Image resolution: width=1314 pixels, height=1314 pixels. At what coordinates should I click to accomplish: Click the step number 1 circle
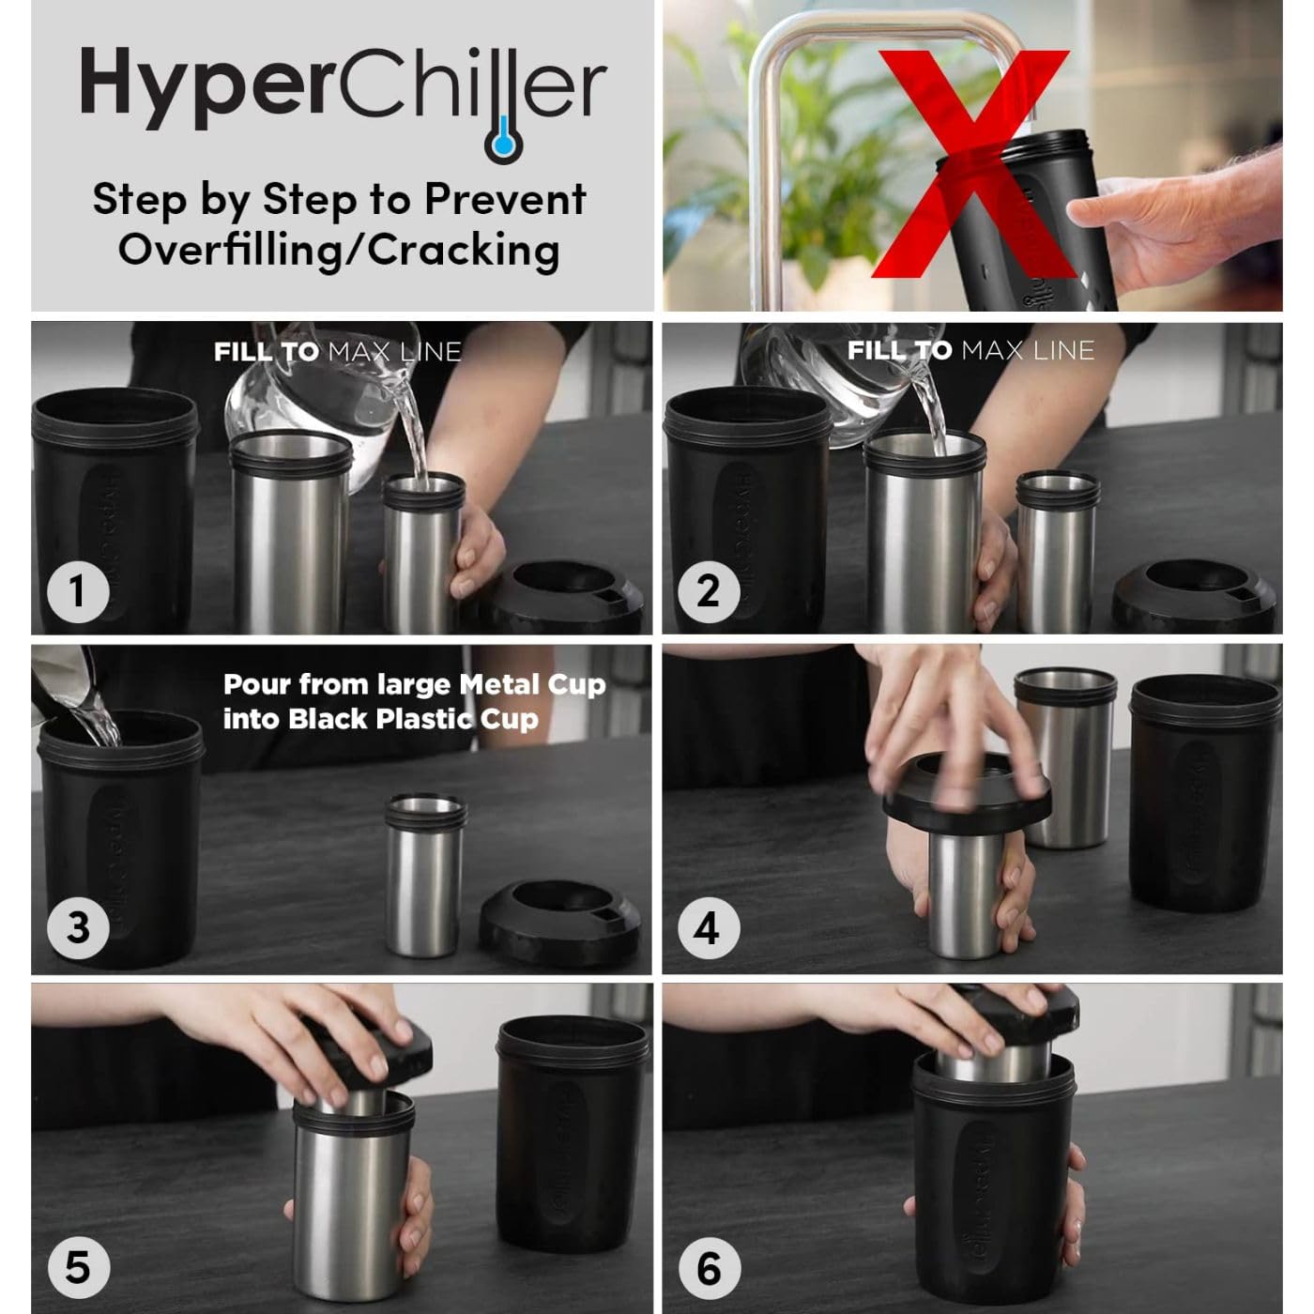(x=78, y=590)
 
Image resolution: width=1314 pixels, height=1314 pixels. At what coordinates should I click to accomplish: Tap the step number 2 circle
(x=709, y=590)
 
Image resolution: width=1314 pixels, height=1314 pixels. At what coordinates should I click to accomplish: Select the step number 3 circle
(x=78, y=927)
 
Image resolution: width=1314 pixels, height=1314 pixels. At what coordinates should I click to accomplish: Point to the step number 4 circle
(x=709, y=928)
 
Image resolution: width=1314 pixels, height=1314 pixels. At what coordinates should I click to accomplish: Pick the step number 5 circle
(x=78, y=1267)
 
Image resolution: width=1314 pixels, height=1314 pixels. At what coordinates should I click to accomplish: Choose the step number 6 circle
(x=709, y=1268)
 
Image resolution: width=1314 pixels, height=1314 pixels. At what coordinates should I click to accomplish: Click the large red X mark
(x=971, y=164)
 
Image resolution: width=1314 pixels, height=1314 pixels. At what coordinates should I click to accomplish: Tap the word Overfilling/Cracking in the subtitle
(x=339, y=250)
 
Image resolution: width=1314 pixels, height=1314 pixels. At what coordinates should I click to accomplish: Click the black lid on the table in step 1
(x=563, y=596)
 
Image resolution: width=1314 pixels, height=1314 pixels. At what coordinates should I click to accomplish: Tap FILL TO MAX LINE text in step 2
(x=970, y=351)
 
